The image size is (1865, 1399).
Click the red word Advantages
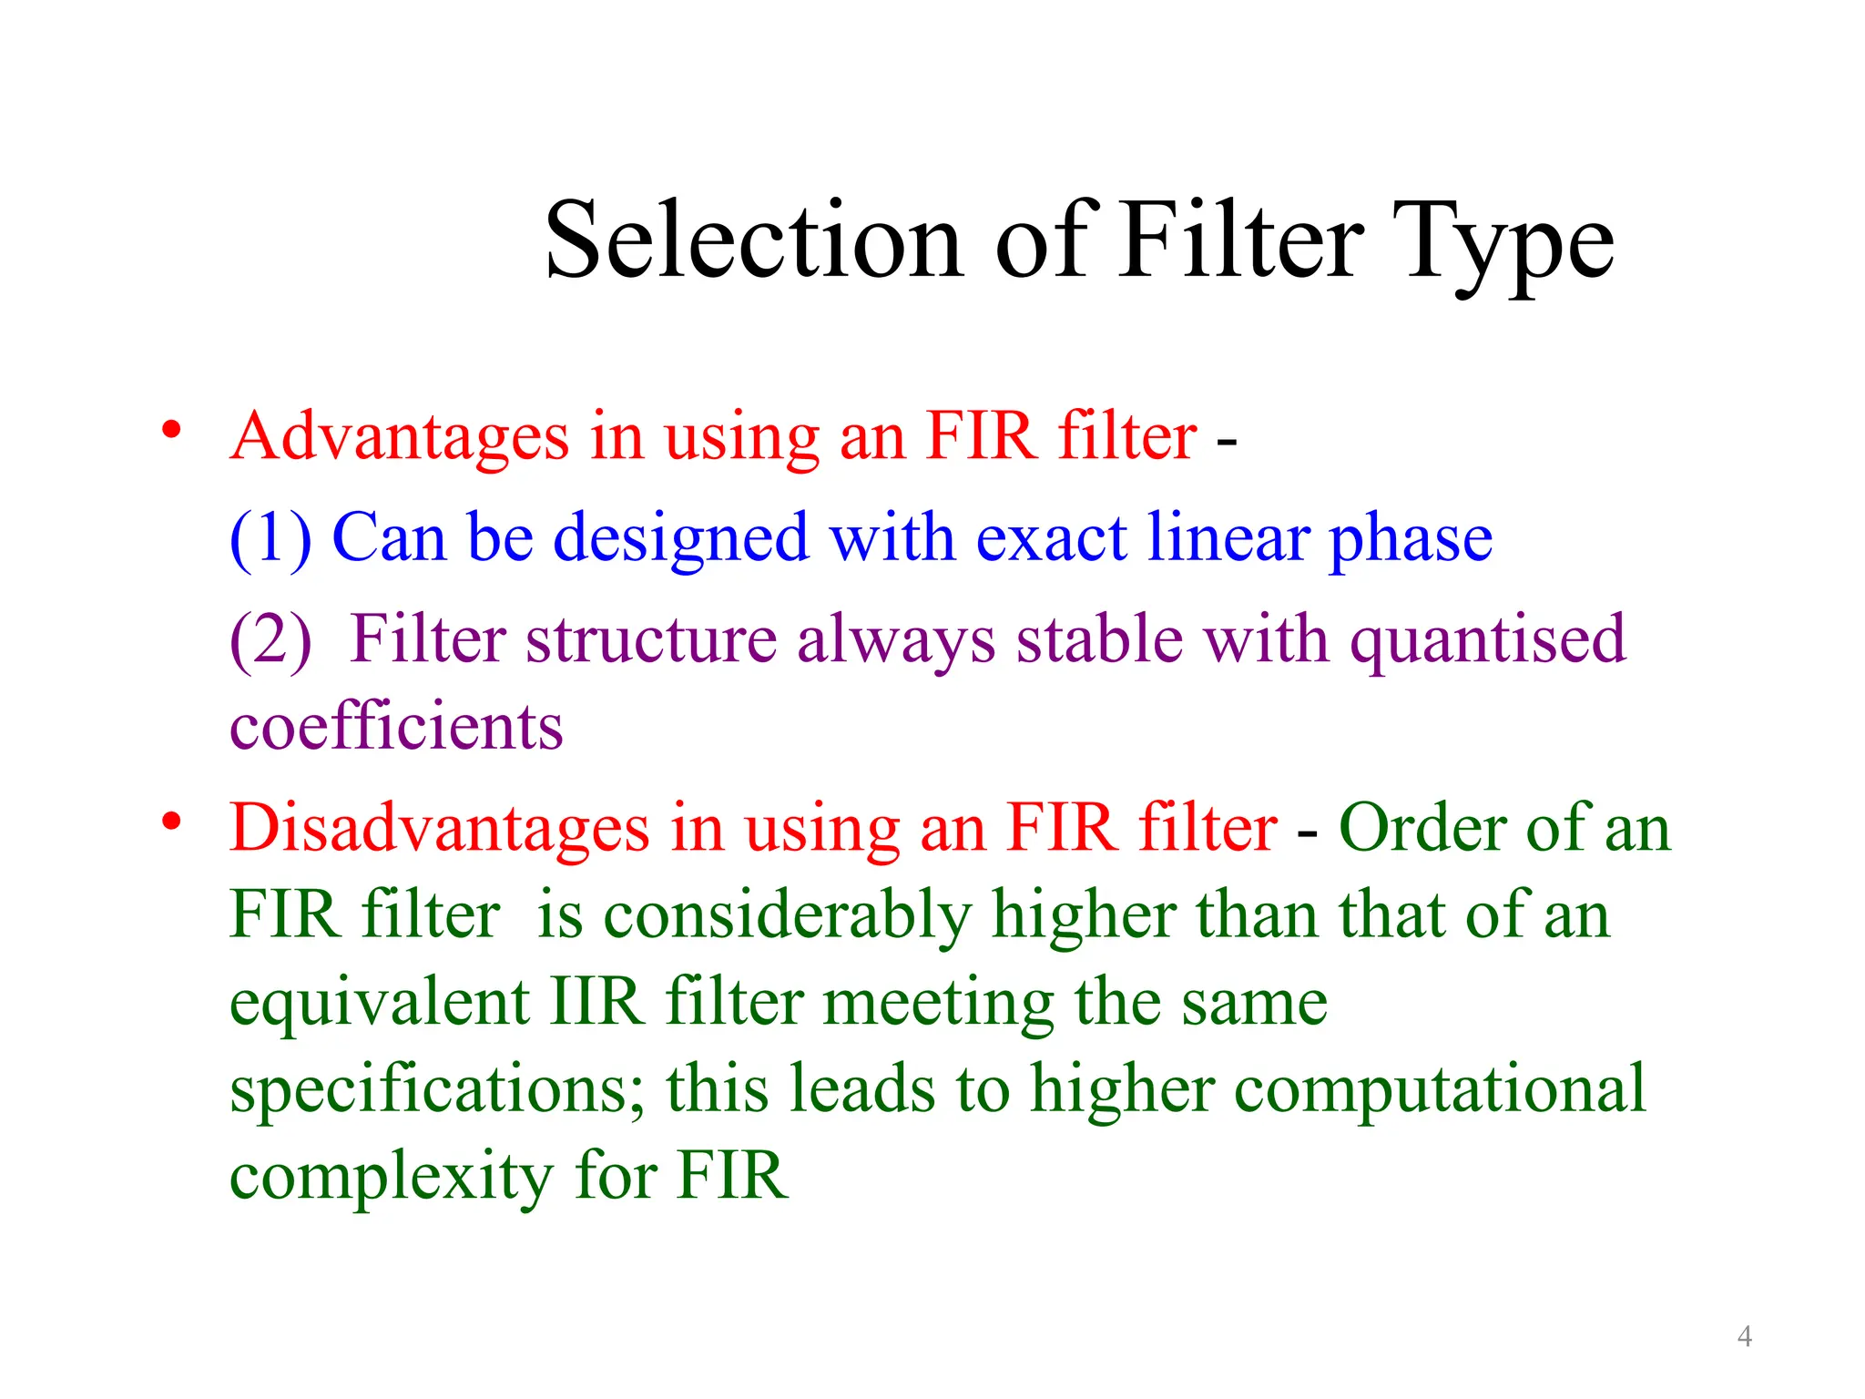tap(399, 437)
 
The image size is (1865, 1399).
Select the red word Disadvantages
tap(439, 829)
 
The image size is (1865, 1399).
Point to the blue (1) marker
tap(270, 539)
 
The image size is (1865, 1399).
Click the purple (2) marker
tap(270, 640)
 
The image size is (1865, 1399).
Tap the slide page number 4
tap(1744, 1336)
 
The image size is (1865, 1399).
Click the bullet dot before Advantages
tap(171, 430)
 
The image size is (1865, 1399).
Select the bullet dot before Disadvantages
tap(171, 822)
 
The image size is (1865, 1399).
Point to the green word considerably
tap(788, 916)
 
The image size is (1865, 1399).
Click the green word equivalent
tap(379, 1002)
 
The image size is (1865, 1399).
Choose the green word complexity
tap(391, 1177)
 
